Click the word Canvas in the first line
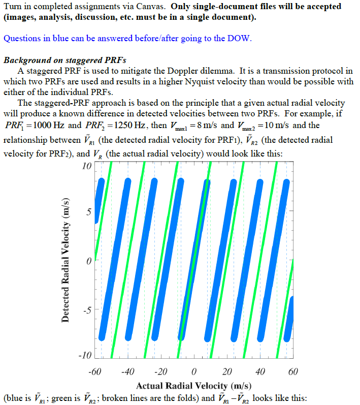pyautogui.click(x=151, y=7)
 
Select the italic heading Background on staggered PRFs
pyautogui.click(x=65, y=60)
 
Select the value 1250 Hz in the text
pyautogui.click(x=127, y=125)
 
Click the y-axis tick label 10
pyautogui.click(x=86, y=166)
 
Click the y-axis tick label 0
pyautogui.click(x=88, y=261)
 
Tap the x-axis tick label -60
pyautogui.click(x=95, y=371)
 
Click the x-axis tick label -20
pyautogui.click(x=161, y=371)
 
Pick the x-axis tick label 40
pyautogui.click(x=260, y=371)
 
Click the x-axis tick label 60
pyautogui.click(x=293, y=371)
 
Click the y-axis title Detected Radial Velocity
pyautogui.click(x=66, y=261)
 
